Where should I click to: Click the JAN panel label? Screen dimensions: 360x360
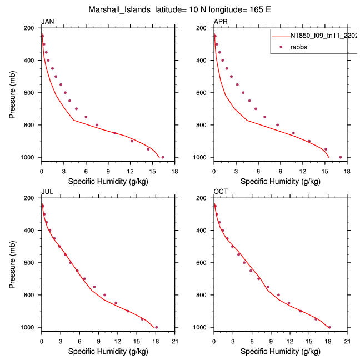(48, 22)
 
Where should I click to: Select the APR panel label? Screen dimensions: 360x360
(220, 22)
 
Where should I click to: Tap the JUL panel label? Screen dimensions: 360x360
(47, 192)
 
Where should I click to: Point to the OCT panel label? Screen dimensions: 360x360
(221, 192)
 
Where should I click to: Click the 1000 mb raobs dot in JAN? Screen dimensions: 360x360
(163, 157)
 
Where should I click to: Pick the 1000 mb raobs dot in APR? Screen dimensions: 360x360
(341, 157)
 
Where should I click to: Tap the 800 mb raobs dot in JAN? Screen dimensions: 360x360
(97, 125)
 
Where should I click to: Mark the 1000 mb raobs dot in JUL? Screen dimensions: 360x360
(156, 327)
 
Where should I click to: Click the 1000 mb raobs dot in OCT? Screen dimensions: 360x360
(329, 327)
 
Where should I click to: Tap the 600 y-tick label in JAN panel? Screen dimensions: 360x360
(31, 93)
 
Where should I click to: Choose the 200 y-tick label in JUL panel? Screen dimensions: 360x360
(31, 198)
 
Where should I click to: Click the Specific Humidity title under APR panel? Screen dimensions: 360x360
(280, 182)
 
